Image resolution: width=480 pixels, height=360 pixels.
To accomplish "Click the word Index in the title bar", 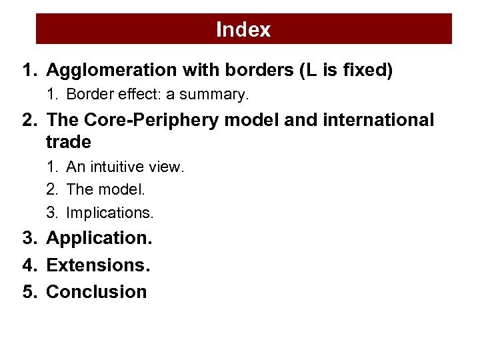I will pos(243,29).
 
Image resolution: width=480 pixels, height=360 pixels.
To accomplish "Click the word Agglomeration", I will pos(112,70).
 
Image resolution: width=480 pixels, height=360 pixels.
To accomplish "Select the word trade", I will pos(69,142).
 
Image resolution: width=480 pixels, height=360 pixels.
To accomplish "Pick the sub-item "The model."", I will pos(106,189).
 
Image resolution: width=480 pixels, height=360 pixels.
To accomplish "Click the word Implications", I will pos(110,213).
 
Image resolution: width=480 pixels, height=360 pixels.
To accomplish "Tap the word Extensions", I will pos(98,265).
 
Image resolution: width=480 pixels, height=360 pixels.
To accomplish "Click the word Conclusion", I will pos(97,292).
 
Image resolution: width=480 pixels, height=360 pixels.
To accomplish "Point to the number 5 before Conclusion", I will pos(27,292).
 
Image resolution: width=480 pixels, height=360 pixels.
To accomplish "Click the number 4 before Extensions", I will pos(27,265).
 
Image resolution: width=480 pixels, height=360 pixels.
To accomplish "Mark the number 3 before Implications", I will pos(51,213).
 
